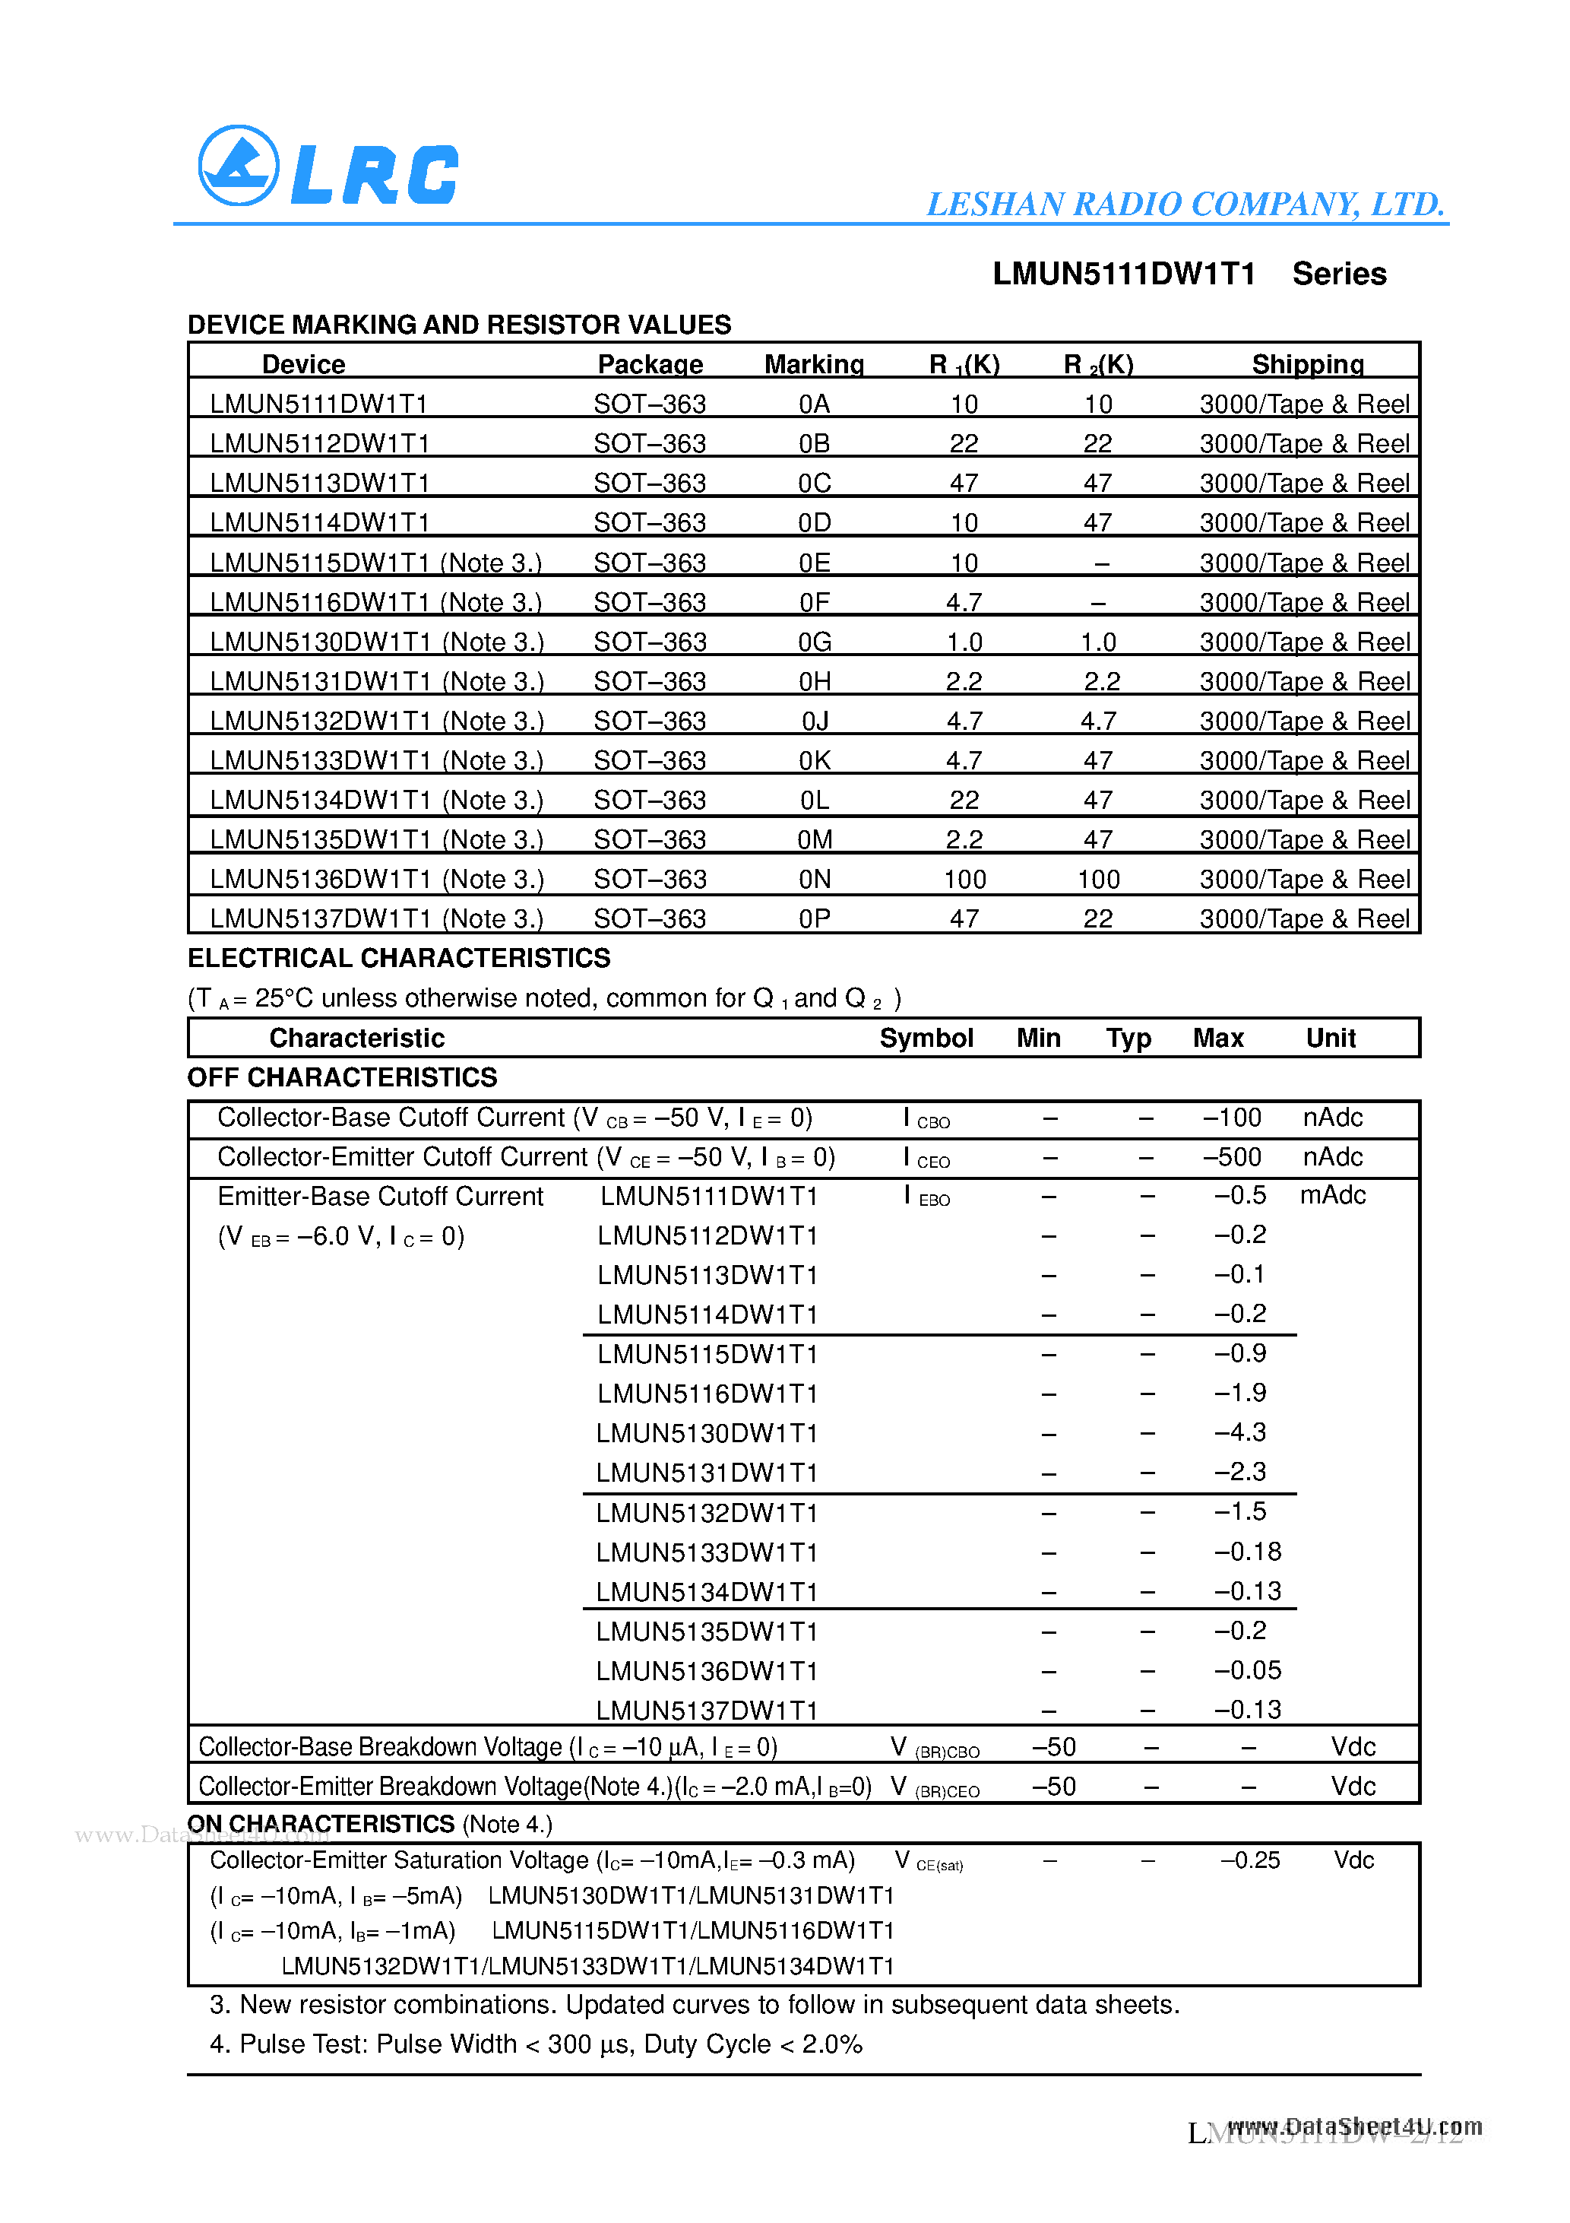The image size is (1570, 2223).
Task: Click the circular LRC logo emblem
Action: [x=238, y=166]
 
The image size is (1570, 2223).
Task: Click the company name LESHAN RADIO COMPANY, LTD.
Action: [x=1185, y=205]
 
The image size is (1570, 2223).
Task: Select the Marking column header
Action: [x=813, y=364]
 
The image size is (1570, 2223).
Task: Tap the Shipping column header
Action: [x=1307, y=364]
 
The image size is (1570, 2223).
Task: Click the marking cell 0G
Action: [x=814, y=642]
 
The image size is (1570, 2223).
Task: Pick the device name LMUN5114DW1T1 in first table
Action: [x=319, y=523]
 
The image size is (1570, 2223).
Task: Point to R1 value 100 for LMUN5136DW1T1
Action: [x=964, y=879]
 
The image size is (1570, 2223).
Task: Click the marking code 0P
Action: [x=814, y=919]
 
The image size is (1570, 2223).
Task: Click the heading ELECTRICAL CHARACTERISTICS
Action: [x=399, y=959]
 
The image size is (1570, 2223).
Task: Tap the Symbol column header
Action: [x=926, y=1038]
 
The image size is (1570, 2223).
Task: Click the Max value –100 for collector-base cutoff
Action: [x=1231, y=1118]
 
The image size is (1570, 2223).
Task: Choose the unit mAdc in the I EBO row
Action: [x=1332, y=1196]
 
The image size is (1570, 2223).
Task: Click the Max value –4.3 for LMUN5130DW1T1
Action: [x=1240, y=1432]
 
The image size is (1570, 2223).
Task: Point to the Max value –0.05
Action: [x=1247, y=1670]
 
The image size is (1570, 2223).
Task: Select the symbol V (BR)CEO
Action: [x=934, y=1787]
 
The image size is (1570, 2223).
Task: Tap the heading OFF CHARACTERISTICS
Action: [x=342, y=1077]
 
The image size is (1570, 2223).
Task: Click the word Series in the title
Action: [x=1339, y=274]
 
